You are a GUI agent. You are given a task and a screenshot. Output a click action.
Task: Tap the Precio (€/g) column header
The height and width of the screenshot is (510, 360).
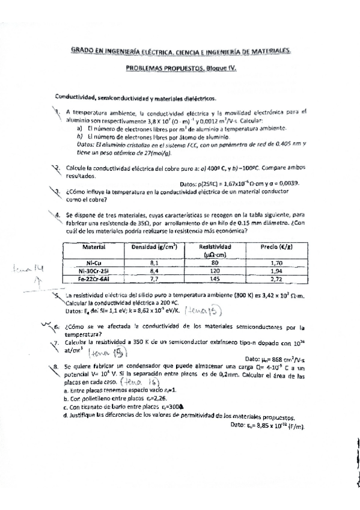(276, 247)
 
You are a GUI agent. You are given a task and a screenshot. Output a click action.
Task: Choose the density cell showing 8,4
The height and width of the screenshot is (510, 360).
(153, 271)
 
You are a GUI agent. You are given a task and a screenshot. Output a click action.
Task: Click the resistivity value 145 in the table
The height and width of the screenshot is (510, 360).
(214, 278)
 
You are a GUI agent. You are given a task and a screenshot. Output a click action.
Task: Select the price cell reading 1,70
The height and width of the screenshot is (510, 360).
(276, 262)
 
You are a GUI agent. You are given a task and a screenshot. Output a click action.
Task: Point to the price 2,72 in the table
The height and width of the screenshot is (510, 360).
(276, 278)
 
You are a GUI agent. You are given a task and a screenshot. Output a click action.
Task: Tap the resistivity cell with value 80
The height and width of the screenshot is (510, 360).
(214, 262)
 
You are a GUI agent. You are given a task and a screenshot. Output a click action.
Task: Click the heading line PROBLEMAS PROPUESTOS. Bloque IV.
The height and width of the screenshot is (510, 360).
(181, 69)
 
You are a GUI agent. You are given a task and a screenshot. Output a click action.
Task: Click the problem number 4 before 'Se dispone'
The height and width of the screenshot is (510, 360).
(57, 214)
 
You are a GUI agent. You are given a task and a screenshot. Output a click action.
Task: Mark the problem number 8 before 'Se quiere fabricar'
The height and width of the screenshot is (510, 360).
(56, 365)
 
